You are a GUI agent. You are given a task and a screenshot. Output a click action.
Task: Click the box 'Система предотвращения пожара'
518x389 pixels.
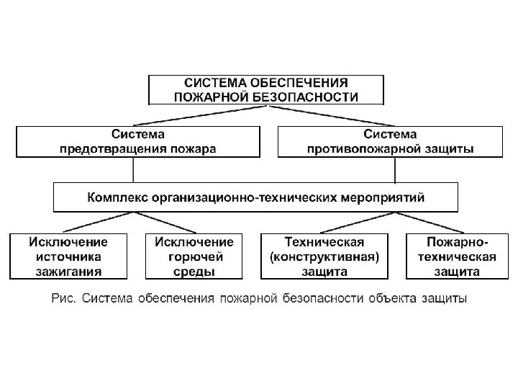coord(137,141)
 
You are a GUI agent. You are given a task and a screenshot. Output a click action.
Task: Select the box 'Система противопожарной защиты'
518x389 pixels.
coord(389,141)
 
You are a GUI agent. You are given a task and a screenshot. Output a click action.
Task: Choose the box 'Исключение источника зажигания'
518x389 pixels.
coord(68,256)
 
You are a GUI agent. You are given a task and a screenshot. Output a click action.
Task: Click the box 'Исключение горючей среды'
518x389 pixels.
coord(194,256)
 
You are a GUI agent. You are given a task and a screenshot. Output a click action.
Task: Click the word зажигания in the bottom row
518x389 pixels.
coord(68,271)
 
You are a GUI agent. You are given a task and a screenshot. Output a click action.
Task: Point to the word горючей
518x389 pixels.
coord(194,256)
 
